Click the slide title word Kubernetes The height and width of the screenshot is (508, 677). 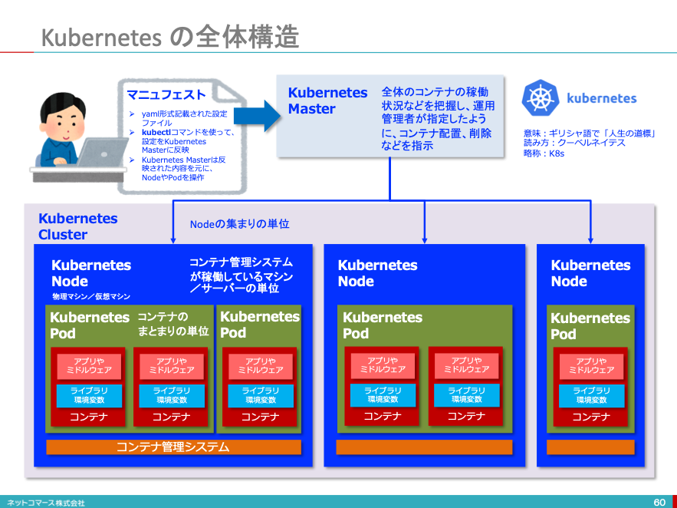click(x=100, y=37)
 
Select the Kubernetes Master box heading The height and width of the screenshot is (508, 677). click(x=327, y=101)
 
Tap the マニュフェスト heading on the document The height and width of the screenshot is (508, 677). click(x=166, y=95)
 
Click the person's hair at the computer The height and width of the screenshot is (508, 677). click(x=61, y=103)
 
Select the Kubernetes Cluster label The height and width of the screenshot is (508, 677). click(x=77, y=226)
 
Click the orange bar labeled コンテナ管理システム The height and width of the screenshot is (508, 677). click(x=173, y=447)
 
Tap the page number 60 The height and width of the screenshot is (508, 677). click(x=659, y=502)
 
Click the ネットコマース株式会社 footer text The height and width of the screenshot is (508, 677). click(x=45, y=503)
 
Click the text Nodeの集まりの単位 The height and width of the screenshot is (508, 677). click(x=239, y=224)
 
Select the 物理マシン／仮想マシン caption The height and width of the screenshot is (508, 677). click(x=90, y=296)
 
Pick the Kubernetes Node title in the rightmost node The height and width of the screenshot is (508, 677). click(x=590, y=273)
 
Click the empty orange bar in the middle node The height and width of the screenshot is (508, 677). click(x=424, y=447)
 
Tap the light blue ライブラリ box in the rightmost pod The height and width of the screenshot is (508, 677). click(x=590, y=395)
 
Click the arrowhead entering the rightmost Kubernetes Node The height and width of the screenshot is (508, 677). click(x=591, y=238)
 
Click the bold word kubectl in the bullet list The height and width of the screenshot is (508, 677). click(x=156, y=132)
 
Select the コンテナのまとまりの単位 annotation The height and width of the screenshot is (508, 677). click(x=173, y=324)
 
